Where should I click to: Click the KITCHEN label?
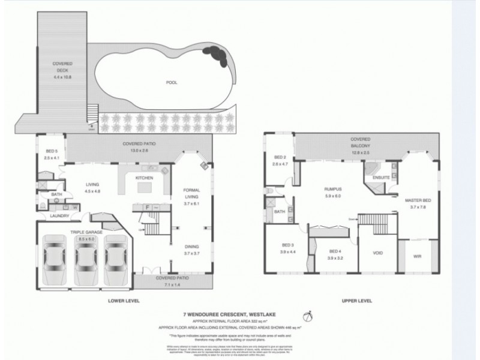coord(145,178)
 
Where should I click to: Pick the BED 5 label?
coord(51,154)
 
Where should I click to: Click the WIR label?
coord(417,256)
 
